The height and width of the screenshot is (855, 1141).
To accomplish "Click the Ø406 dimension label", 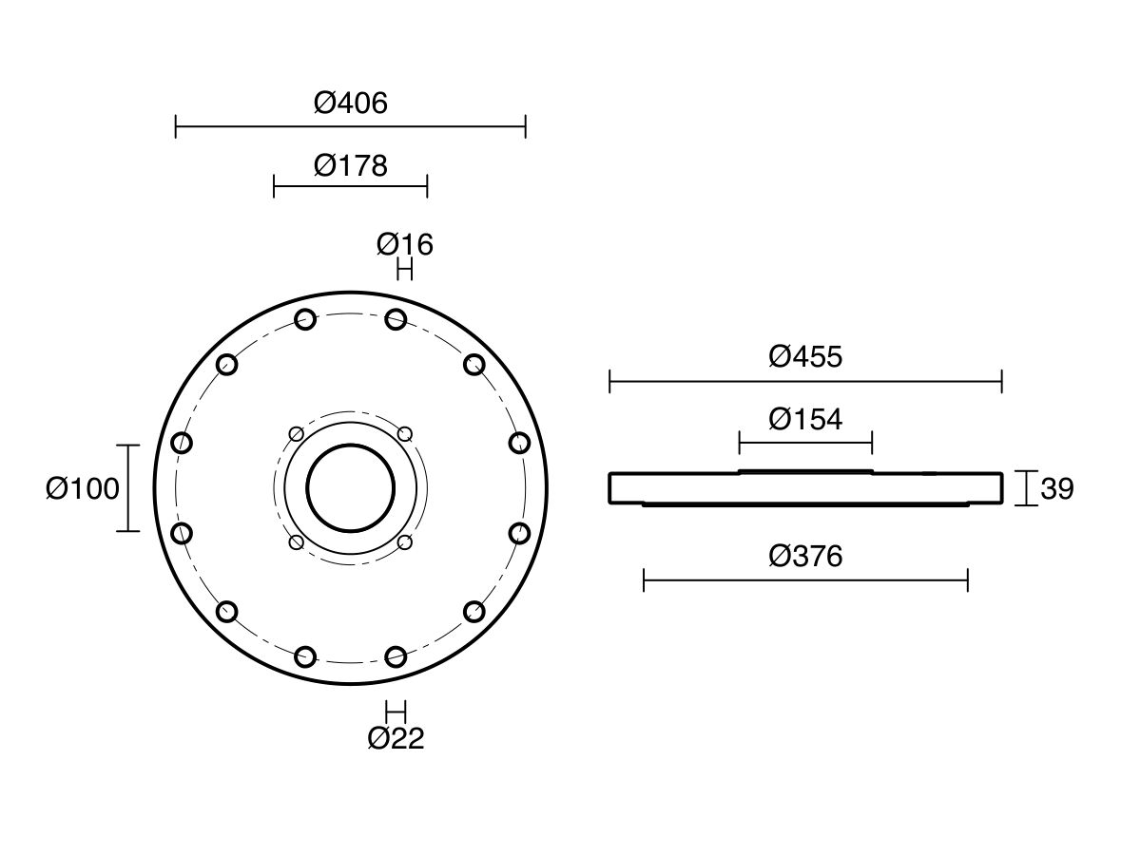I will pos(351,103).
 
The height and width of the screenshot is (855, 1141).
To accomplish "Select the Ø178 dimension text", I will pos(351,166).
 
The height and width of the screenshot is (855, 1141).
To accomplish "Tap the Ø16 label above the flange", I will pos(405,245).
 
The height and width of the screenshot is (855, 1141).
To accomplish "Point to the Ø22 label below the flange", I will pos(396,738).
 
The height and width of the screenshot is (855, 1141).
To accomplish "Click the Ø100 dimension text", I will pos(83,489).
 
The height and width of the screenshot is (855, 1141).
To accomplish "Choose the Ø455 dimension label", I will pos(805,357).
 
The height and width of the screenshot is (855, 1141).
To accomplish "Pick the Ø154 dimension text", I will pos(805,419).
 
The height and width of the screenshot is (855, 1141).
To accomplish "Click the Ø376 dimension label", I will pos(805,557).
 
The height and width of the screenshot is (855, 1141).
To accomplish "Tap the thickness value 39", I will pos(1057,489).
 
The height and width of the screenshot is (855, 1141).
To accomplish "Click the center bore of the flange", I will pos(351,488).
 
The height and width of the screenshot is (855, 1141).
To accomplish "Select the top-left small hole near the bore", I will pos(297,434).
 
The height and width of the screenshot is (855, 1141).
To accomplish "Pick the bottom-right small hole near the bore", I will pos(405,542).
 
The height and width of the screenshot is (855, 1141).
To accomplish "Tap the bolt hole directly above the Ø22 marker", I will pos(396,656).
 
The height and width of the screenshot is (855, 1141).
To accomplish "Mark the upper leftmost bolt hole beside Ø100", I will pos(182,443).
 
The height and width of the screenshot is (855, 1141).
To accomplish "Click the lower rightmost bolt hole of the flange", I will pos(519,534).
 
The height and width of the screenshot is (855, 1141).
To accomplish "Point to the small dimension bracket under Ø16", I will pos(405,271).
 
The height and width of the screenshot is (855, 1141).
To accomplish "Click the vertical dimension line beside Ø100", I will pos(128,488).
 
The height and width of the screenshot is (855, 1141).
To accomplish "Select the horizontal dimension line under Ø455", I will pos(805,382).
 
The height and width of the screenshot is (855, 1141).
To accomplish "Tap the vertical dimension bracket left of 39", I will pos(1025,488).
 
